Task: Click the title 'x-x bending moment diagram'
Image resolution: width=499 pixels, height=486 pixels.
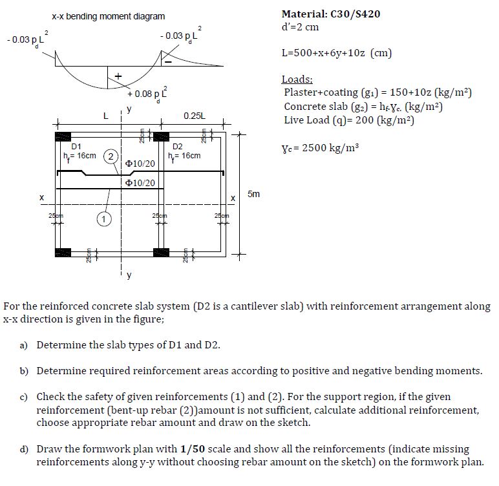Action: coord(108,16)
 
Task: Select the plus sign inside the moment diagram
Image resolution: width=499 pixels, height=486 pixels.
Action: coord(118,77)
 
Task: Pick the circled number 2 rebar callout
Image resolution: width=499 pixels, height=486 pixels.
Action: coord(111,156)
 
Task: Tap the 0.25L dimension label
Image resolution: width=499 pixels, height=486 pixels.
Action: coord(194,116)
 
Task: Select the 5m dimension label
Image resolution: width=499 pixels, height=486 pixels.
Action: coord(254,194)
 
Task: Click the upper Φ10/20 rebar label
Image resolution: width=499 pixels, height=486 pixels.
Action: coord(141,164)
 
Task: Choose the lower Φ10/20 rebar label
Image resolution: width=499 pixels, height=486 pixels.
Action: coord(141,184)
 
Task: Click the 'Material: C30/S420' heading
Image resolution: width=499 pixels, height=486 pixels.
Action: coord(330,14)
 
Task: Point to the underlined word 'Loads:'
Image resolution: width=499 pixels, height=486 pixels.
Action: coord(297,80)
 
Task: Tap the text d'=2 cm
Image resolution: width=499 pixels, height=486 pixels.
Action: coord(301,27)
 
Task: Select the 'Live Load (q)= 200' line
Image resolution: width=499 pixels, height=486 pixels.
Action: coord(348,120)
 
